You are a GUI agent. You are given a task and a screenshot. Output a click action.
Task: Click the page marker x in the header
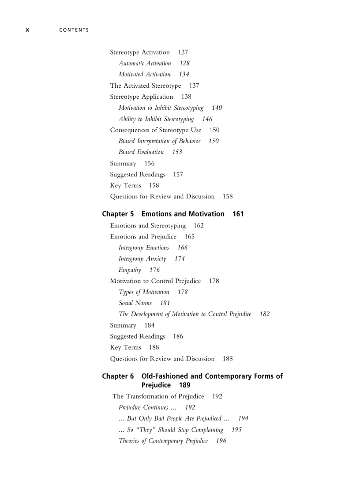pos(27,30)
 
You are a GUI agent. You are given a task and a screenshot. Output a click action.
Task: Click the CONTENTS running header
pos(74,30)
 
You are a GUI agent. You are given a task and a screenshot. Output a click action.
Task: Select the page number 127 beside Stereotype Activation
pos(183,52)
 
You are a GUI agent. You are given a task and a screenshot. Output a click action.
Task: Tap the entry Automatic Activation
pos(145,63)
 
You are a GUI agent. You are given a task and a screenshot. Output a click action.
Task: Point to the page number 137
pos(194,86)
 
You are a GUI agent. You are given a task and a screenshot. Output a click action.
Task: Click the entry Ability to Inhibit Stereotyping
pos(156,119)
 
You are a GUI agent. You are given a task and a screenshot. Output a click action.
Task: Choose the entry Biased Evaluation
pos(141,152)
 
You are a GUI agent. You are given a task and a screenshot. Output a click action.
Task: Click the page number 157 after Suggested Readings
pos(178,175)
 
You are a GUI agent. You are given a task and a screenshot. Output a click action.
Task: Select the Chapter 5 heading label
pos(118,214)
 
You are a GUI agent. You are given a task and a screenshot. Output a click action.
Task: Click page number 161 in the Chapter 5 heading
pos(238,214)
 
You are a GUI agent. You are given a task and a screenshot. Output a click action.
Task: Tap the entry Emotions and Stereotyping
pos(148,226)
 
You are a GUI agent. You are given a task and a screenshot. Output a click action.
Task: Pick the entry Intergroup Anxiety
pos(142,259)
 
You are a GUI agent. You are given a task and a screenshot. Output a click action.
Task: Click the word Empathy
pos(130,270)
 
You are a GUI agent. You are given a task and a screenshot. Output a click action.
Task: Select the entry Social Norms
pos(135,303)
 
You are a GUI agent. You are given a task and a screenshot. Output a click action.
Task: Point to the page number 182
pos(264,314)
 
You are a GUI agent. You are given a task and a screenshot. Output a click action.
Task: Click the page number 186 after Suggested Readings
pos(178,336)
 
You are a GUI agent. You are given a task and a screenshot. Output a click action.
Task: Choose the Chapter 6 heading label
pos(118,376)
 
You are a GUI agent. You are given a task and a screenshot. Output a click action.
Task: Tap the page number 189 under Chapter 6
pos(185,385)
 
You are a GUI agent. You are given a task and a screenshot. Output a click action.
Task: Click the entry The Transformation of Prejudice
pos(158,396)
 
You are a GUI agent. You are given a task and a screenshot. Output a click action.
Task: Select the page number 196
pos(221,441)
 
